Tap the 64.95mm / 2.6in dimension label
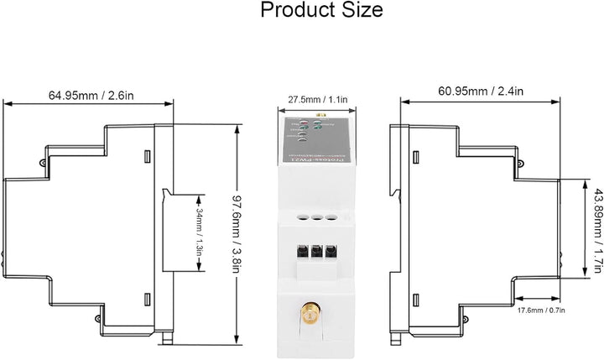pos(88,95)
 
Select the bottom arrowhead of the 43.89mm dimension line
pos(587,278)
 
